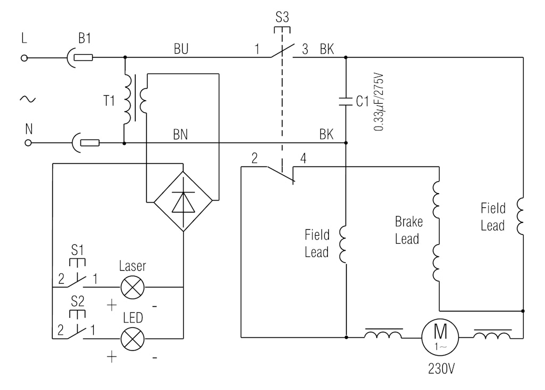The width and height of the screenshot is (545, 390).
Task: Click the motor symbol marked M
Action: click(x=440, y=337)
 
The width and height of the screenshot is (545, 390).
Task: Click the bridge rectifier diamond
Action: click(x=183, y=202)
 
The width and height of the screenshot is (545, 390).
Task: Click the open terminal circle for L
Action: click(x=24, y=57)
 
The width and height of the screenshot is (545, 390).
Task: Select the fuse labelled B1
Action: click(x=83, y=57)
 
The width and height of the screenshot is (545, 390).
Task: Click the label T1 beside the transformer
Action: click(x=110, y=101)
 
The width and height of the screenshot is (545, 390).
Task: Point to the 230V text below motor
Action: click(x=441, y=369)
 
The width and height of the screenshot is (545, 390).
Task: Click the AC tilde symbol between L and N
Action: click(x=27, y=98)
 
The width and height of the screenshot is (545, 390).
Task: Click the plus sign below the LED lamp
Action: click(x=112, y=356)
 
